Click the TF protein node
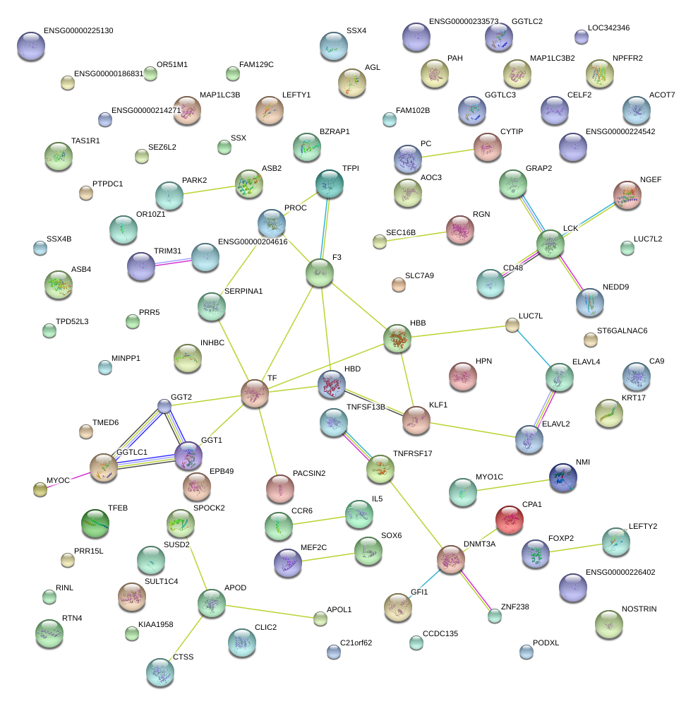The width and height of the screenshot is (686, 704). pyautogui.click(x=254, y=393)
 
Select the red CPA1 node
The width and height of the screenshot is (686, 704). pyautogui.click(x=510, y=519)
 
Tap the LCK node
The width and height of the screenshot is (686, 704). pyautogui.click(x=550, y=243)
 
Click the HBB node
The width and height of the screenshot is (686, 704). pyautogui.click(x=397, y=338)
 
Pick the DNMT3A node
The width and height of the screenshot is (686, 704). pyautogui.click(x=450, y=559)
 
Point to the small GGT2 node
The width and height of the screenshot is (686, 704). pyautogui.click(x=164, y=405)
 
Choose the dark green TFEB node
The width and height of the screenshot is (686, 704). pyautogui.click(x=95, y=523)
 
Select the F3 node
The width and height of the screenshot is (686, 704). pyautogui.click(x=320, y=273)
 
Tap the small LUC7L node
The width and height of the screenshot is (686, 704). pyautogui.click(x=512, y=325)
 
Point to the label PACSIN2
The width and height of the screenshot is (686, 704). pyautogui.click(x=309, y=473)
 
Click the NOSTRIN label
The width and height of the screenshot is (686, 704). pyautogui.click(x=639, y=609)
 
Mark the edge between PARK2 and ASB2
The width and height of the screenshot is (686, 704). pyautogui.click(x=208, y=189)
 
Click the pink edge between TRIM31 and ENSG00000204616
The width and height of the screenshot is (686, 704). pyautogui.click(x=173, y=261)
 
